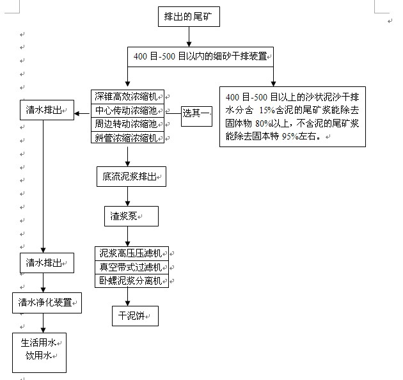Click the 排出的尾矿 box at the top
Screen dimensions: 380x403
[x=190, y=17]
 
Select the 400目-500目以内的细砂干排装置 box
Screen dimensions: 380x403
[x=201, y=56]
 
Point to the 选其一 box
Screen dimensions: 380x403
[x=196, y=114]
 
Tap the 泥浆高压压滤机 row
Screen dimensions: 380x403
[x=132, y=253]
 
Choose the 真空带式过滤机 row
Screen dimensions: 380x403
[x=132, y=267]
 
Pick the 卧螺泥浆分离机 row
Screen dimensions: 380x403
[x=132, y=280]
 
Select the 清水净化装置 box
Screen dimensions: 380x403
[x=47, y=303]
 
